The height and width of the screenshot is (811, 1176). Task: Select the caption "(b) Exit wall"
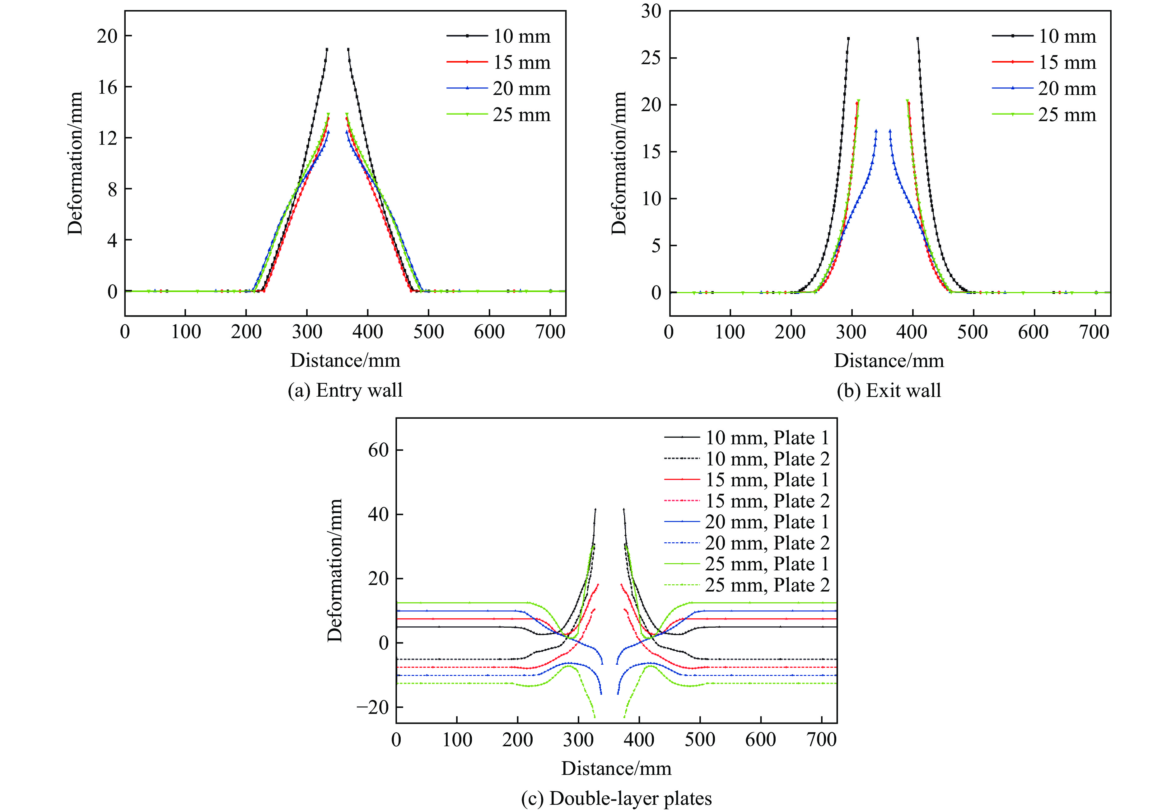[x=889, y=390]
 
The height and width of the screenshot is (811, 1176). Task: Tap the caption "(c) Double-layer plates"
[x=616, y=798]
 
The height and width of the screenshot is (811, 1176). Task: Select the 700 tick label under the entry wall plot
[x=550, y=332]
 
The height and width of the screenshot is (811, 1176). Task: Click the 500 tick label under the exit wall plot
[x=973, y=332]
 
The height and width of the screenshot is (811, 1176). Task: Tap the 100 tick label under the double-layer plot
[x=457, y=739]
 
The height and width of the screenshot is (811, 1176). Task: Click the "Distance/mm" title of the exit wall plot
[x=889, y=360]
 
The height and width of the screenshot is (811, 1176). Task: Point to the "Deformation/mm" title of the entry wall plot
[x=75, y=163]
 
